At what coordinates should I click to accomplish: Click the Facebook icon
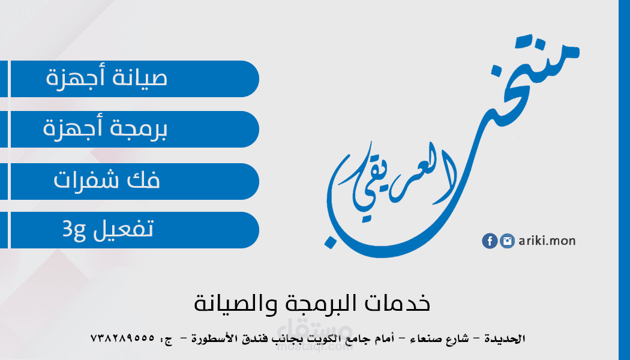490,241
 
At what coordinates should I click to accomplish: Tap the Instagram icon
507,241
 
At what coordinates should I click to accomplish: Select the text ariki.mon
547,241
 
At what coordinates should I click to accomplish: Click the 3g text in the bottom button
74,230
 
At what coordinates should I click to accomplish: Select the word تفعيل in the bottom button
124,229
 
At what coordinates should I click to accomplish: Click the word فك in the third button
143,179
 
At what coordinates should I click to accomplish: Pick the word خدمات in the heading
397,303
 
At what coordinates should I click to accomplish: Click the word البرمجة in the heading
317,304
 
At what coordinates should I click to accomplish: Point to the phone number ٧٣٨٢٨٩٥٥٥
122,338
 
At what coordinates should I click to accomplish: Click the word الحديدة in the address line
504,339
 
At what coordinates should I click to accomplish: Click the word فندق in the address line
257,340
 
